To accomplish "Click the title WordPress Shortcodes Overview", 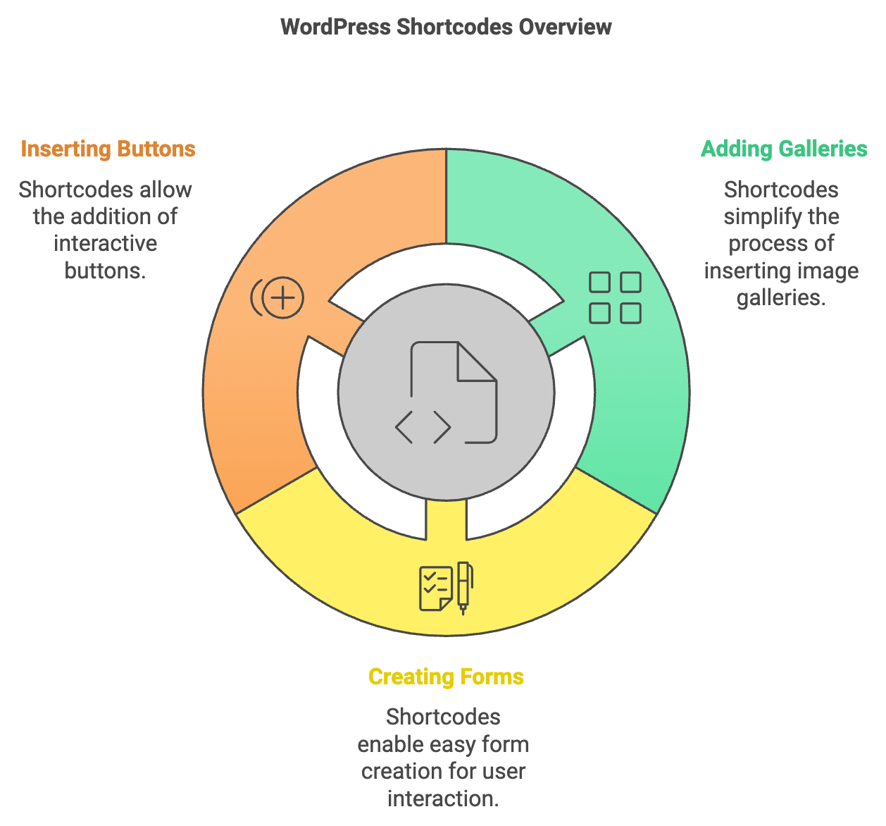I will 446,27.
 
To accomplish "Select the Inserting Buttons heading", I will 108,149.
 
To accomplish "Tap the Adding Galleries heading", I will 784,149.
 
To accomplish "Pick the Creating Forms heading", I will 446,677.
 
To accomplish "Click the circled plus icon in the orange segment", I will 282,298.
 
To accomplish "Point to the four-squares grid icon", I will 615,298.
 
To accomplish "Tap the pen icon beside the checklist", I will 463,587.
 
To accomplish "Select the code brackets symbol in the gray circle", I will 423,427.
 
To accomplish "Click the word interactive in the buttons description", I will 105,244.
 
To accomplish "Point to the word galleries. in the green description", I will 781,297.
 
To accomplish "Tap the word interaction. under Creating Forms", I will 443,799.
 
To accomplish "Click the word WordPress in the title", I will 335,27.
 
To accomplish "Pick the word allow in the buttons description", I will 166,190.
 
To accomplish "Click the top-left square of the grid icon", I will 599,283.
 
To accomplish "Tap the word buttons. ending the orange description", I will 105,271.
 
